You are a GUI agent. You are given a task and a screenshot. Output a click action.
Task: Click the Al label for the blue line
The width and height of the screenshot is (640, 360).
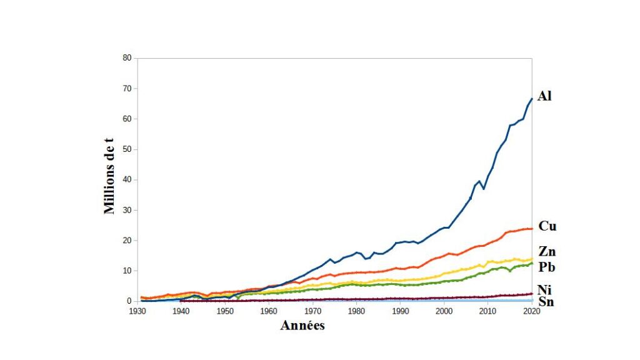click(x=544, y=96)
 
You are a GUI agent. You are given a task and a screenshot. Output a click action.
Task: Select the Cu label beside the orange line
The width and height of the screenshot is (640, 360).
click(x=547, y=226)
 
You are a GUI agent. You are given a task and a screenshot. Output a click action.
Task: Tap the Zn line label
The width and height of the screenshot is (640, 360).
click(x=547, y=252)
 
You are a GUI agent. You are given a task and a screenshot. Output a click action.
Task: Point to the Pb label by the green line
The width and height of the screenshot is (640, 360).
click(x=547, y=267)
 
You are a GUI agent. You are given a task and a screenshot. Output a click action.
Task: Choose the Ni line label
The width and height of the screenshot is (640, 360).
click(x=545, y=289)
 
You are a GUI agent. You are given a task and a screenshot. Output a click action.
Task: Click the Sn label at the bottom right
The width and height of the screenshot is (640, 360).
click(x=546, y=302)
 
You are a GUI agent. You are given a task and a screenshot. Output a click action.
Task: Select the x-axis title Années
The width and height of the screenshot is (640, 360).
click(x=302, y=325)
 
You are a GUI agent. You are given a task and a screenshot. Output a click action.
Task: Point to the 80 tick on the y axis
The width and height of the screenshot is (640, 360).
click(x=127, y=58)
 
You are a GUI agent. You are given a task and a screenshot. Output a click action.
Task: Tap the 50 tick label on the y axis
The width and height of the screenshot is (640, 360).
click(x=127, y=149)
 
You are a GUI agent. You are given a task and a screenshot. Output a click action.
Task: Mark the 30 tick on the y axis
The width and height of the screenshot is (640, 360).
click(x=127, y=210)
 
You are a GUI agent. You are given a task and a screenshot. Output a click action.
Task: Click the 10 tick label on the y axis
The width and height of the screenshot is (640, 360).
click(x=127, y=271)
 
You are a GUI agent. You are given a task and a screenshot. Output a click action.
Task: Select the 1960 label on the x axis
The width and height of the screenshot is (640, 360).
click(x=269, y=310)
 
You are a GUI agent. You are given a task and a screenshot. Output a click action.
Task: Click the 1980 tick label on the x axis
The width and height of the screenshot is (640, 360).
click(x=356, y=310)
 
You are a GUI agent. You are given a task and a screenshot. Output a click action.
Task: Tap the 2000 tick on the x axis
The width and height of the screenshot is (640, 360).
click(x=444, y=310)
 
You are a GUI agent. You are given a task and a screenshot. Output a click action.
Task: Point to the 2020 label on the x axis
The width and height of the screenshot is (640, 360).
click(x=531, y=310)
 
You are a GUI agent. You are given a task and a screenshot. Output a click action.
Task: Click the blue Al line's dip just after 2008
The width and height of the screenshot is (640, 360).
click(x=483, y=189)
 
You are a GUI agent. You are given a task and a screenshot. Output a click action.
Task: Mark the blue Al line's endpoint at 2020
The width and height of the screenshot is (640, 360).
click(x=531, y=99)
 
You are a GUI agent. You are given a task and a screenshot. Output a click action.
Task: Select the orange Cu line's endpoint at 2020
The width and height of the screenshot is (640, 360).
click(x=531, y=229)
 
